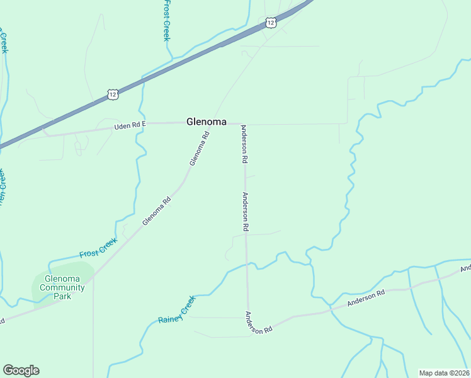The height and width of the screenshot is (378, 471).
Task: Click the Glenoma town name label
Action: click(206, 122)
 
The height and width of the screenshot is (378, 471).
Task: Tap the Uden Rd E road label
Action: click(130, 125)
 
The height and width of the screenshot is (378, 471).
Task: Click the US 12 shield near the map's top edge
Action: click(271, 23)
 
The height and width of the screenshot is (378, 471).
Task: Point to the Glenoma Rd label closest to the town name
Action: click(200, 149)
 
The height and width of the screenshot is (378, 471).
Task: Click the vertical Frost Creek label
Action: click(166, 20)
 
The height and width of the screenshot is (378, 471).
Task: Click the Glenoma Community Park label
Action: click(62, 287)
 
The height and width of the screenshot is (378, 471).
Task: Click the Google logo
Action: click(21, 370)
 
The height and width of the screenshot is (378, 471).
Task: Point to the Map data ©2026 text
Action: click(444, 373)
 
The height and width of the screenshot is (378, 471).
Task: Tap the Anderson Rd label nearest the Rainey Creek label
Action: click(259, 323)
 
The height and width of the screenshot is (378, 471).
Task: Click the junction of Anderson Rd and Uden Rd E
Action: click(243, 123)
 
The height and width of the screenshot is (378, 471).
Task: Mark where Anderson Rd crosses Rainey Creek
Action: click(247, 265)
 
